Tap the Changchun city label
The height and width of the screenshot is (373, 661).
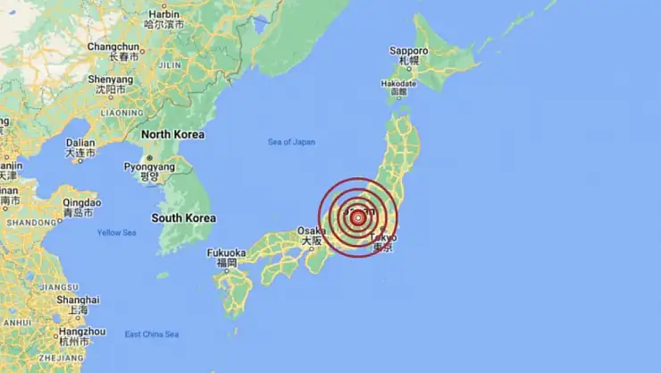113,47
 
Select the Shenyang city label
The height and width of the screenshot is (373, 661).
110,78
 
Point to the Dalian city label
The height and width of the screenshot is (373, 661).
79,142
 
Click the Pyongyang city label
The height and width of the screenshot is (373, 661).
147,166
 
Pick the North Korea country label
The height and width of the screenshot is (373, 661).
172,134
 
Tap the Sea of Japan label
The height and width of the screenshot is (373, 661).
291,142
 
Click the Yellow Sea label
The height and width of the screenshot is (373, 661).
116,233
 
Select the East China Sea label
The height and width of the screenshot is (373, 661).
151,335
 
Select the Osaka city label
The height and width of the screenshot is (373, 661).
310,231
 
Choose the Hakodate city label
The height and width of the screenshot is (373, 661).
398,83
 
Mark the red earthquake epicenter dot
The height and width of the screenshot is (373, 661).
357,217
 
